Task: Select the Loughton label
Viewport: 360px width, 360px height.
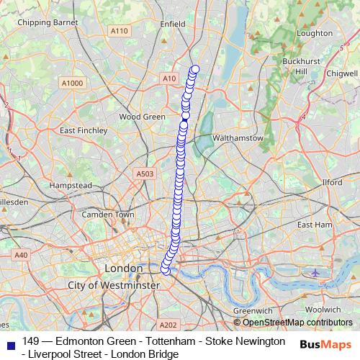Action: pyautogui.click(x=315, y=33)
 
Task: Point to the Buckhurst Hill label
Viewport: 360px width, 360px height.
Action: pyautogui.click(x=295, y=66)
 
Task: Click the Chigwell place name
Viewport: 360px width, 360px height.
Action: pyautogui.click(x=341, y=73)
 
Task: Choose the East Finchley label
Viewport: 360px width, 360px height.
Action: pyautogui.click(x=84, y=131)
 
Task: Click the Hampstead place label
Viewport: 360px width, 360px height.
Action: pyautogui.click(x=71, y=185)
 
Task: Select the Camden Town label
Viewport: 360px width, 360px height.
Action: pyautogui.click(x=108, y=215)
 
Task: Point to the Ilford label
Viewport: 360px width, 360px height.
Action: pyautogui.click(x=333, y=183)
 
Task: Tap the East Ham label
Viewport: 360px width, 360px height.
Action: pyautogui.click(x=314, y=225)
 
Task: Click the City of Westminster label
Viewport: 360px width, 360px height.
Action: pyautogui.click(x=113, y=286)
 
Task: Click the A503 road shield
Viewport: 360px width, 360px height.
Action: pyautogui.click(x=145, y=174)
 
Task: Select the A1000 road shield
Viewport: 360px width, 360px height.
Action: pyautogui.click(x=72, y=84)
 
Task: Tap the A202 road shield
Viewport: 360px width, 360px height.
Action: pyautogui.click(x=167, y=325)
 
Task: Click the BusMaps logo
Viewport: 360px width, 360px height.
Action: pyautogui.click(x=325, y=346)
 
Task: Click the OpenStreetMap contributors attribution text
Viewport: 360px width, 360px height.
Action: pyautogui.click(x=297, y=323)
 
